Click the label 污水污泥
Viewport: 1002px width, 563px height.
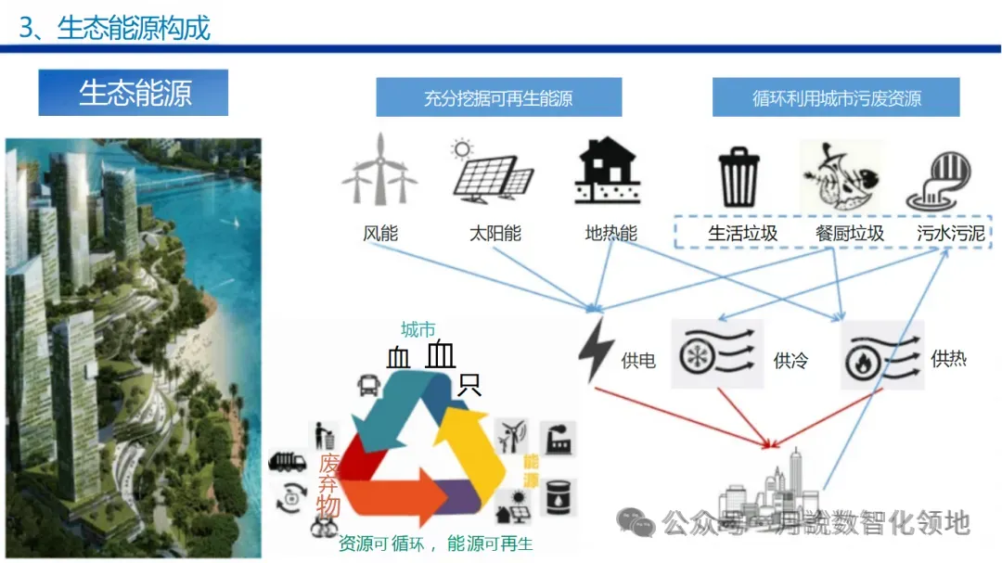949,234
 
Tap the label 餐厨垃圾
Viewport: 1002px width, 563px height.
849,234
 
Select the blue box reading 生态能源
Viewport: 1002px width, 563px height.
134,93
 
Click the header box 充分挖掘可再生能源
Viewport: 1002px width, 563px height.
498,97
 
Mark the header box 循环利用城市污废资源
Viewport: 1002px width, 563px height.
837,97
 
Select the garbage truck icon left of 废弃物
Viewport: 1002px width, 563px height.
287,461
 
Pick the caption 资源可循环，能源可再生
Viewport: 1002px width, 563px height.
435,544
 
